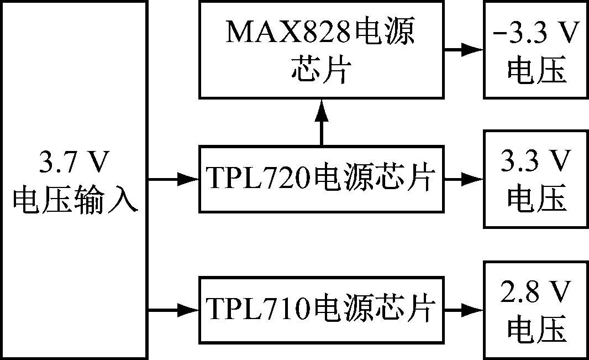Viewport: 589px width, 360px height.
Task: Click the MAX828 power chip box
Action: point(322,50)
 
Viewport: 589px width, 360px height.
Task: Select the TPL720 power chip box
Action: point(322,179)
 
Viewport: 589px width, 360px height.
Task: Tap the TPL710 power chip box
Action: point(322,310)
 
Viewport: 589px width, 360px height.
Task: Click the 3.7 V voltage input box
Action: point(74,180)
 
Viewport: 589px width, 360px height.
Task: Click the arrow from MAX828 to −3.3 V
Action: point(464,50)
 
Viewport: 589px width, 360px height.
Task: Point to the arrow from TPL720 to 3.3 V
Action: point(464,179)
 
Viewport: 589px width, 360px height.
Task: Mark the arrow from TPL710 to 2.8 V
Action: point(464,310)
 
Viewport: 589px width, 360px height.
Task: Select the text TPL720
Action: point(256,179)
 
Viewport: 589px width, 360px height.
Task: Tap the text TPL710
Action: point(256,310)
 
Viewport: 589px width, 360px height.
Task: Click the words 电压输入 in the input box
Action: point(74,199)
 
